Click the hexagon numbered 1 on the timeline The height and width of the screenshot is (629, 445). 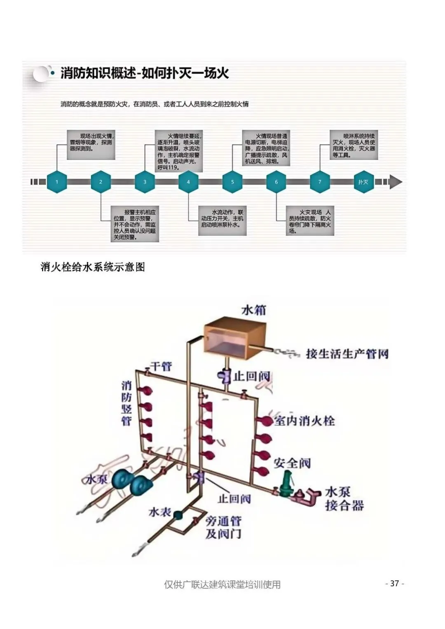click(57, 182)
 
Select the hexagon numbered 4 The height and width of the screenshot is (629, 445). click(188, 182)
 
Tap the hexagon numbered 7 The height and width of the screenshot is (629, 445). click(320, 182)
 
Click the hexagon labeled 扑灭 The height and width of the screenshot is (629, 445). click(363, 182)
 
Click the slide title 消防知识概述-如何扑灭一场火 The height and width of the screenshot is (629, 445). click(144, 73)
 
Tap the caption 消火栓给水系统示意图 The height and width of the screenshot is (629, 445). click(93, 267)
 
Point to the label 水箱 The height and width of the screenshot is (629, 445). click(253, 310)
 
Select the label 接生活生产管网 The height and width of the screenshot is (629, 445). click(347, 354)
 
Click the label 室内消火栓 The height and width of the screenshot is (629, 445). click(304, 421)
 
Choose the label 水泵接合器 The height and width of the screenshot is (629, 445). click(344, 499)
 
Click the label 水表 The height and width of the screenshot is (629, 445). click(159, 512)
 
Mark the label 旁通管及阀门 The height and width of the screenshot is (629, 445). click(223, 528)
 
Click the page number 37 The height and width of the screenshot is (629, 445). click(394, 583)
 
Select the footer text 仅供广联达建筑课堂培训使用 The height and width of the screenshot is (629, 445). click(222, 584)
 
